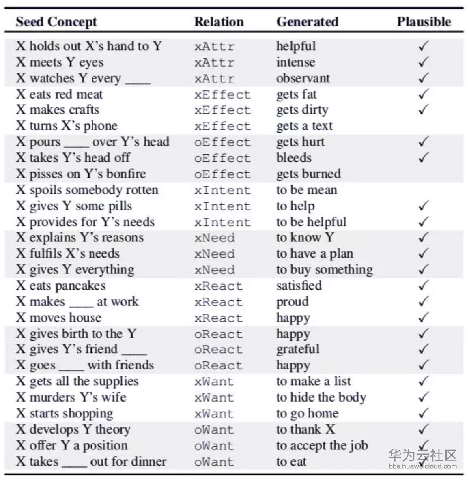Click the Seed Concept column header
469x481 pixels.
click(x=56, y=21)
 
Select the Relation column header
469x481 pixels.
click(x=219, y=21)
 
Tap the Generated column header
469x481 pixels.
click(x=307, y=21)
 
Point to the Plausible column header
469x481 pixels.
click(x=424, y=21)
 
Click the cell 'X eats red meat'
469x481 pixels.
click(x=59, y=94)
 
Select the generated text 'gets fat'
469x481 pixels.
click(x=296, y=94)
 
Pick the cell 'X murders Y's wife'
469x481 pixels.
click(x=71, y=397)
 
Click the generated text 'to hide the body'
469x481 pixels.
click(x=321, y=397)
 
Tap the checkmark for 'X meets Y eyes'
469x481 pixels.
click(x=423, y=62)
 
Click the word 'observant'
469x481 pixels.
click(x=303, y=78)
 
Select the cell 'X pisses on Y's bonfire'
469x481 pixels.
click(x=81, y=174)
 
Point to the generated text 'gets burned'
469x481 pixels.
click(x=308, y=174)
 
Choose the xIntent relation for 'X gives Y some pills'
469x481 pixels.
click(x=222, y=206)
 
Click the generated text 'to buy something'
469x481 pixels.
click(x=324, y=270)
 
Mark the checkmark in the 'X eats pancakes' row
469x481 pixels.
click(x=423, y=286)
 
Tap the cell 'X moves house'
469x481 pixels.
click(x=59, y=318)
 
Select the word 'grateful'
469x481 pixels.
click(x=298, y=349)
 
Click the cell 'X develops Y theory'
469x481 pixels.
click(x=73, y=429)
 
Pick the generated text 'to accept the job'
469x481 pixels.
click(x=322, y=445)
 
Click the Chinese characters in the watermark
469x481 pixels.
click(x=422, y=455)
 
